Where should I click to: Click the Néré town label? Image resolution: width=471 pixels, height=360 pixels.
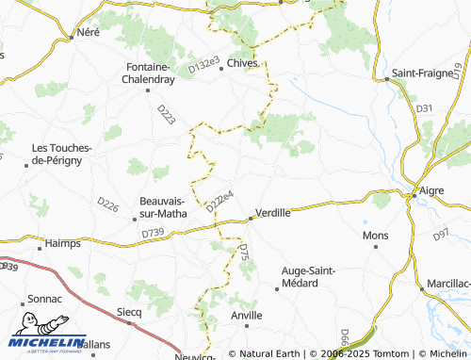88,31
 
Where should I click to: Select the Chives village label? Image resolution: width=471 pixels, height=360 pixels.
243,64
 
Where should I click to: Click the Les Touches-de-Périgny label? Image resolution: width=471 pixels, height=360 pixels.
62,155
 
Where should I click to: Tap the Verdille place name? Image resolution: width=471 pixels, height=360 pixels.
273,213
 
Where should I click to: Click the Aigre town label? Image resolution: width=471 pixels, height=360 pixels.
430,190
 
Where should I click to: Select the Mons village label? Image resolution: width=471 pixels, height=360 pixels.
376,235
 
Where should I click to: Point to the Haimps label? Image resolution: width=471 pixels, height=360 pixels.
62,244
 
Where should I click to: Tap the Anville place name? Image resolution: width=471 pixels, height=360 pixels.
247,315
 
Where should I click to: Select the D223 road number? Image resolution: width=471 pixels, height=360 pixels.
166,114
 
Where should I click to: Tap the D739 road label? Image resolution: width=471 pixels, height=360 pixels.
153,233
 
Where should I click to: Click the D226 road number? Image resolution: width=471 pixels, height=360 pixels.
108,203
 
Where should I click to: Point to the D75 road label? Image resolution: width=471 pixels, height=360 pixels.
243,253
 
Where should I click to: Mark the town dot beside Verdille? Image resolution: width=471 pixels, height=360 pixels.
251,220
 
